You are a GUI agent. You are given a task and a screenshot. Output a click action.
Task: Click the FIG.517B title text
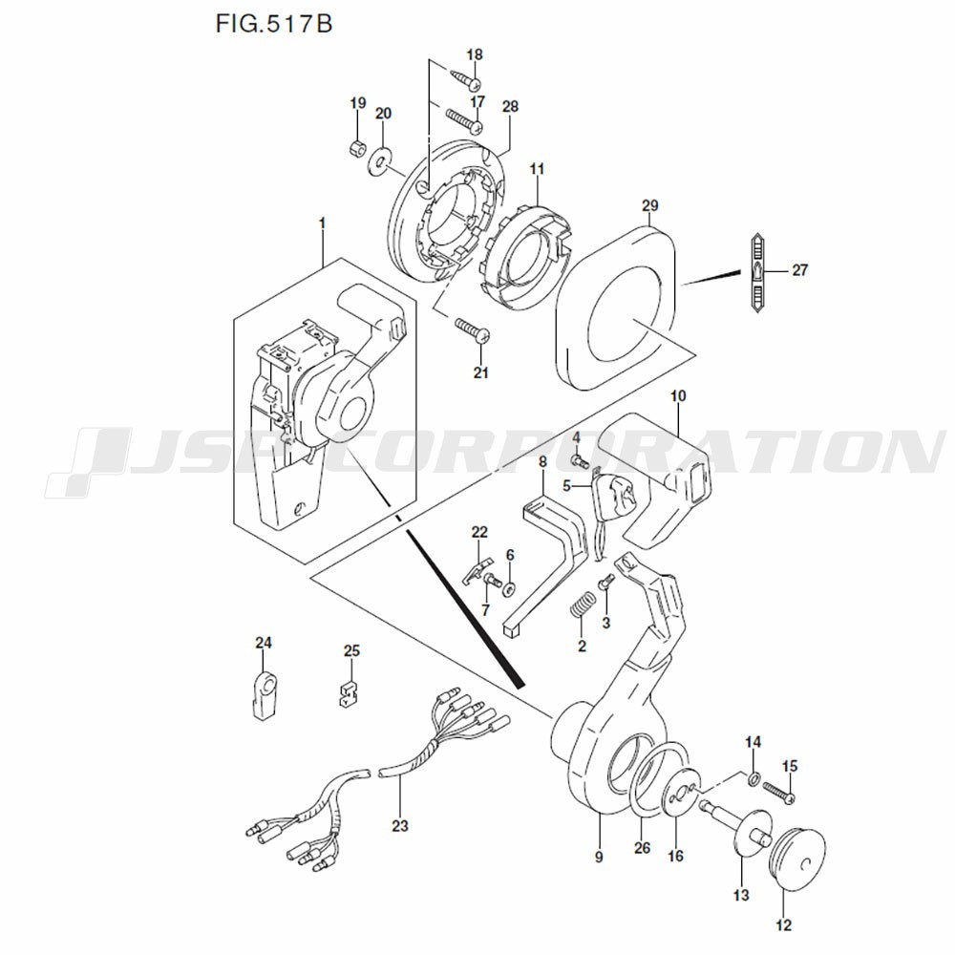274,22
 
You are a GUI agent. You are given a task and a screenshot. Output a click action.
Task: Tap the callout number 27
799,270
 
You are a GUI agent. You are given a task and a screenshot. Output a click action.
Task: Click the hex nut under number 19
356,148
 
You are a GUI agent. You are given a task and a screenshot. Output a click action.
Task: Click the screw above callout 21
472,330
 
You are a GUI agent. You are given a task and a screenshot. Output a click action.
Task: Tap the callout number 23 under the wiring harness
399,823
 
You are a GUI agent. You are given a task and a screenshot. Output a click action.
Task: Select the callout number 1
322,223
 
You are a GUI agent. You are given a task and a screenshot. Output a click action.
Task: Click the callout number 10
678,393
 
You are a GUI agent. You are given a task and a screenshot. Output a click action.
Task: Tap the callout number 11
537,170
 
